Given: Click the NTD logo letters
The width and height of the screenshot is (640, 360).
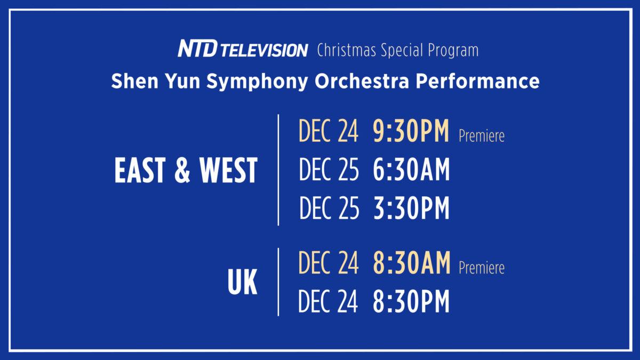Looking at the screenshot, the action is click(x=198, y=49).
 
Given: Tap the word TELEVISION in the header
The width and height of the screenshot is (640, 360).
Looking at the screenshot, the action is click(x=264, y=51).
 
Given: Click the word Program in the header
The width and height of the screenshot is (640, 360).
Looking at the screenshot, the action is click(x=453, y=51).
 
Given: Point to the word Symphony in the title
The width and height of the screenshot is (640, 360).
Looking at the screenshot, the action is click(x=257, y=82).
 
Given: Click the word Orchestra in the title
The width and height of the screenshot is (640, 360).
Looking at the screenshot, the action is click(x=362, y=81).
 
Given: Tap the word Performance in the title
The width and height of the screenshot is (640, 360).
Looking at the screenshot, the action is click(x=478, y=81).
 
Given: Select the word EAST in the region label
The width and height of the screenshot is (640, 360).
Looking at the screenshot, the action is click(x=140, y=170).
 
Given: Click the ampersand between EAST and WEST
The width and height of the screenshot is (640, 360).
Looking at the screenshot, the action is click(x=182, y=170).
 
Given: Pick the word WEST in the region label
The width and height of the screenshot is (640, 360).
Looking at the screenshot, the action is click(x=228, y=170).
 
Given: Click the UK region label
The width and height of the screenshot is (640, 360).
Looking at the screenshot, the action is click(x=242, y=282).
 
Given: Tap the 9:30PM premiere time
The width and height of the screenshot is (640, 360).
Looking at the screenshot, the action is click(x=411, y=131).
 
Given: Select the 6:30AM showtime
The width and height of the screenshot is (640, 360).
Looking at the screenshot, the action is click(x=411, y=170).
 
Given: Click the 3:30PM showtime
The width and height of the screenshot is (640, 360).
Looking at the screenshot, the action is click(x=411, y=207).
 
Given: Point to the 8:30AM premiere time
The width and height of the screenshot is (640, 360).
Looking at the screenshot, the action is click(x=412, y=263).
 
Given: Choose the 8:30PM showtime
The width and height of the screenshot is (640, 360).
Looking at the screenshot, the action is click(x=411, y=301).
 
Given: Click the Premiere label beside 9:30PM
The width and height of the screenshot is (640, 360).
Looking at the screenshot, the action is click(x=482, y=136).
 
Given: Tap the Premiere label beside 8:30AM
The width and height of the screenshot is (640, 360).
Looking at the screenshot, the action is click(x=482, y=268).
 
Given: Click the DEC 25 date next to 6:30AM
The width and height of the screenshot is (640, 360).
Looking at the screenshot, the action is click(x=329, y=170).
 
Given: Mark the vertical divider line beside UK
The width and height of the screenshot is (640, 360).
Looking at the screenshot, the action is click(x=278, y=282).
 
